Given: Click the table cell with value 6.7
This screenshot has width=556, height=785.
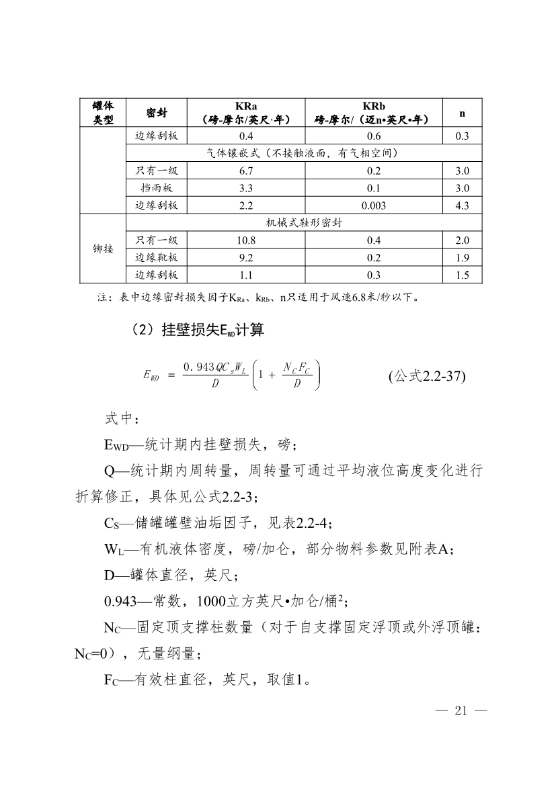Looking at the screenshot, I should tap(246, 171).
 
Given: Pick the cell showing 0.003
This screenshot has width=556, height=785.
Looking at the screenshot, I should tap(373, 205).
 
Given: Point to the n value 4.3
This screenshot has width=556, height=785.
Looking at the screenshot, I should tap(462, 205).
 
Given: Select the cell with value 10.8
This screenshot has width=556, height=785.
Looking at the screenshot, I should tap(246, 240).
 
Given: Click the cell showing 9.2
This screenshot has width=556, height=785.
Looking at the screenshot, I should tap(246, 257).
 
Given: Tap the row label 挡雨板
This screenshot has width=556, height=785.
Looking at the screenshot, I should tap(157, 188).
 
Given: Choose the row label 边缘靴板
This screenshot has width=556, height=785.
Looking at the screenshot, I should tap(157, 257).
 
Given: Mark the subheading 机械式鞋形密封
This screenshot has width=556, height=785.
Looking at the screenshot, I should tap(305, 223).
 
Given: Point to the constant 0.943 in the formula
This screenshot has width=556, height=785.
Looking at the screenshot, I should tap(202, 366).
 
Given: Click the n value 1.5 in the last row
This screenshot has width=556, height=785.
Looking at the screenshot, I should tap(462, 275).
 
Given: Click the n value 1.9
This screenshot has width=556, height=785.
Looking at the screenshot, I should tap(462, 257).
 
